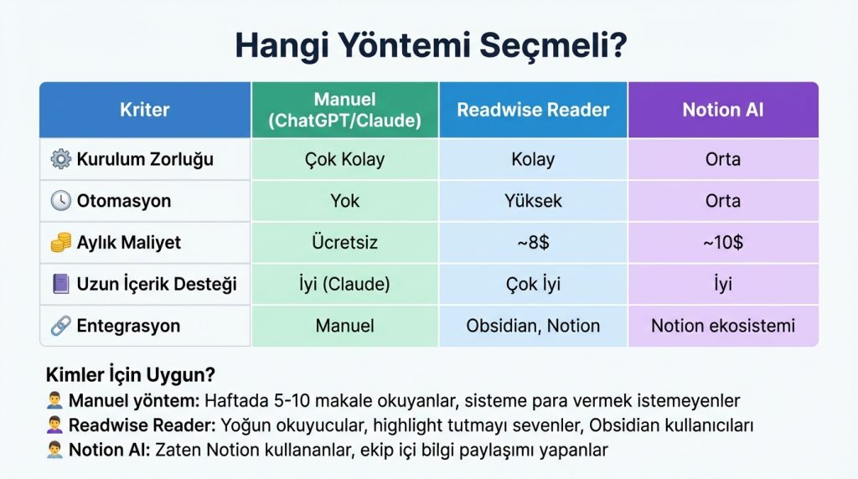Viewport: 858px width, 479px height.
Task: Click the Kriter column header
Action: click(x=144, y=110)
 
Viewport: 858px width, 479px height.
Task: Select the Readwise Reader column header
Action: click(x=533, y=110)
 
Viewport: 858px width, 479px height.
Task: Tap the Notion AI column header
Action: click(x=722, y=110)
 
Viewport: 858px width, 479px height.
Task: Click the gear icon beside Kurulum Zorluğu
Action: click(x=61, y=159)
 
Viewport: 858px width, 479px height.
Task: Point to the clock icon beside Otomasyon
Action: click(x=61, y=201)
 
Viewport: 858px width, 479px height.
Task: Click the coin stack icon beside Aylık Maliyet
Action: click(x=61, y=243)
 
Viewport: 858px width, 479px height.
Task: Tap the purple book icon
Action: click(x=61, y=285)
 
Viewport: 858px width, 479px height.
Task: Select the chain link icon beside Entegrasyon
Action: click(x=61, y=326)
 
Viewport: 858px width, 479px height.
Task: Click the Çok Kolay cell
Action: click(x=344, y=159)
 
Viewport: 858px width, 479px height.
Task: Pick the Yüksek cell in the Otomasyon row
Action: click(x=533, y=201)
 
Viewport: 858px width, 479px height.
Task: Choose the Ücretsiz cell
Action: click(x=344, y=243)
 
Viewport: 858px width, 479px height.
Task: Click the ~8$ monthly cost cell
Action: click(x=533, y=243)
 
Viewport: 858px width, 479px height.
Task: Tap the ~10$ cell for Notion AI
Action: click(x=722, y=243)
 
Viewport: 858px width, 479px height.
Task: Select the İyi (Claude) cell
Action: click(x=344, y=285)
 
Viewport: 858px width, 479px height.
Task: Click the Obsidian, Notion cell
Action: click(x=533, y=326)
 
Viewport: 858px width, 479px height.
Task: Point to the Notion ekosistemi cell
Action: click(x=722, y=326)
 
